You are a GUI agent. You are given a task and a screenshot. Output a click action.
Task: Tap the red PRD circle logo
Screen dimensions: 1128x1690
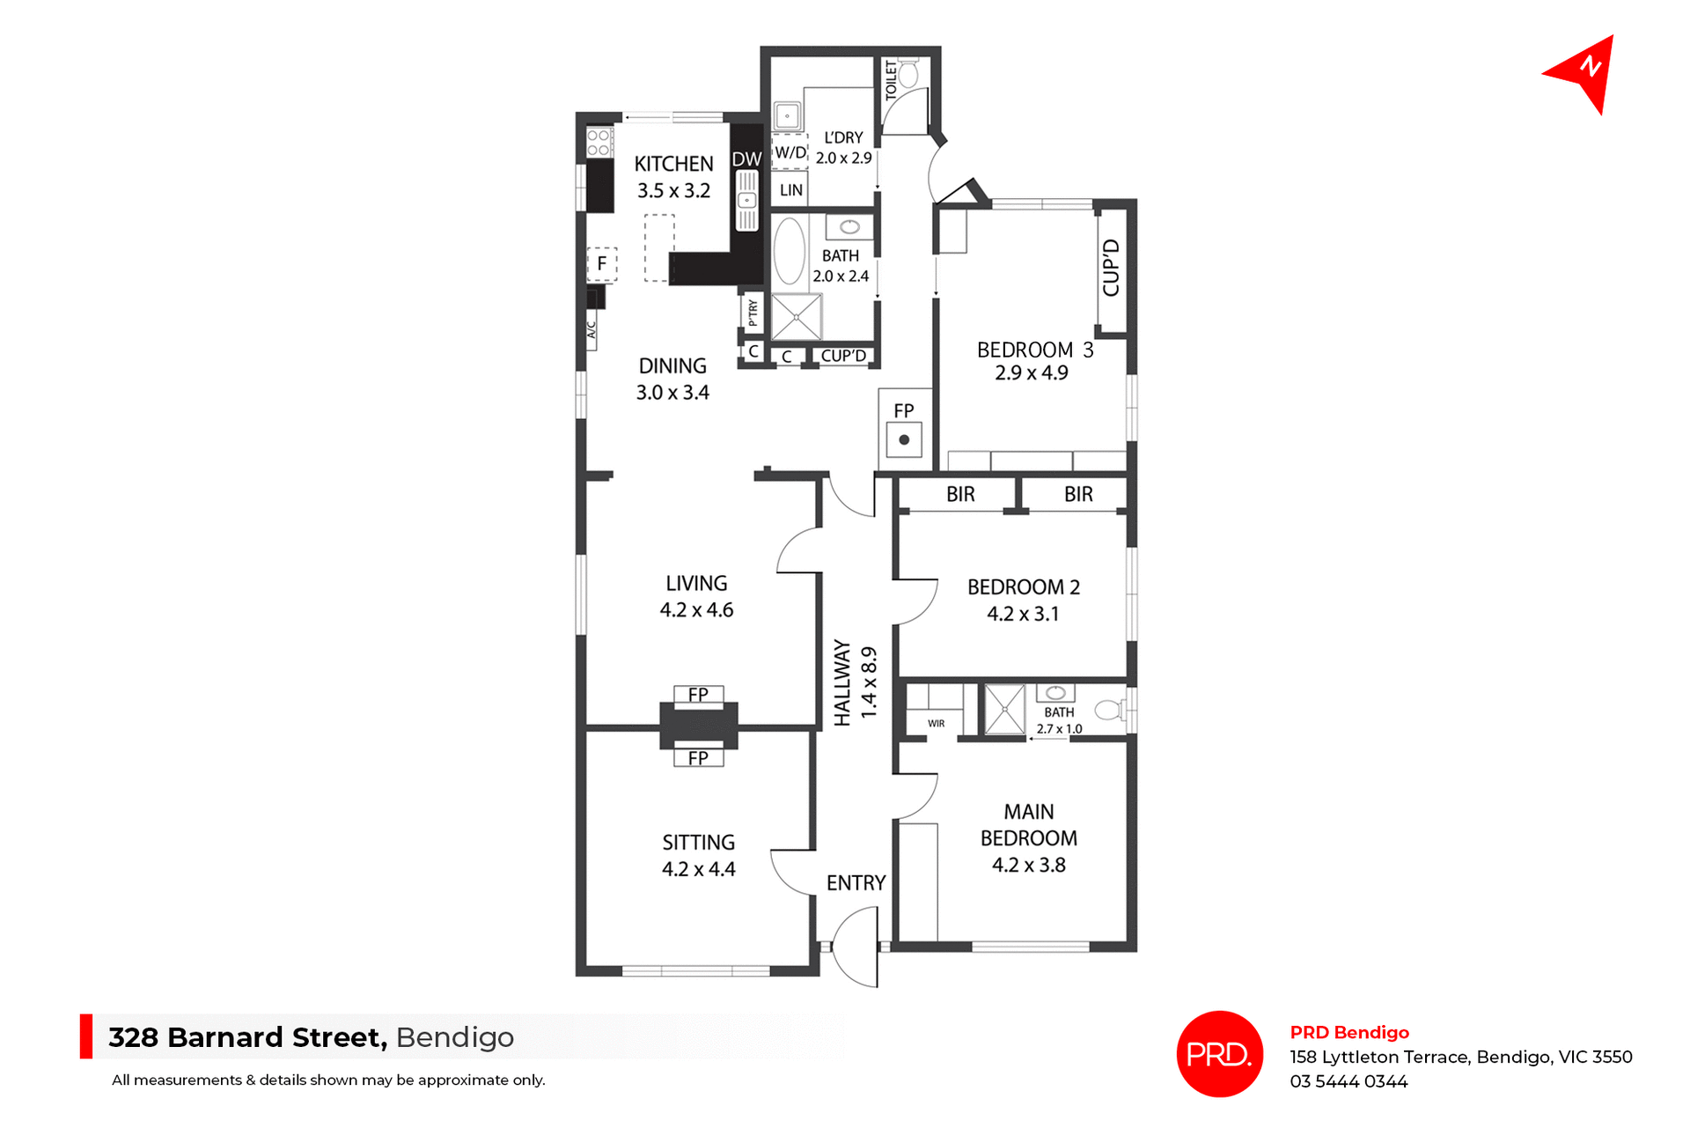[x=1219, y=1053]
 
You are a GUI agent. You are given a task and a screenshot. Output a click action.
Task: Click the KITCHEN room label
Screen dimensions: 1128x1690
[x=673, y=165]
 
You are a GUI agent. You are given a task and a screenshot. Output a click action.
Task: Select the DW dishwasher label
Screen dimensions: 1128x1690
[x=746, y=159]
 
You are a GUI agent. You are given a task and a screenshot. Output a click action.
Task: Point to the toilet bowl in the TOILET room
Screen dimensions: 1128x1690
[x=908, y=74]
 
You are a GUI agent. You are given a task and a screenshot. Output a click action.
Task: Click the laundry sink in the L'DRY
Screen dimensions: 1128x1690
[x=787, y=116]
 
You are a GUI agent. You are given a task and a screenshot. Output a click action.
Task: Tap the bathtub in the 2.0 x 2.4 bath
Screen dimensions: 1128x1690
[x=789, y=251]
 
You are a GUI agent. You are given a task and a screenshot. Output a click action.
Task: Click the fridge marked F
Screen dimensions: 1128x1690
[x=602, y=263]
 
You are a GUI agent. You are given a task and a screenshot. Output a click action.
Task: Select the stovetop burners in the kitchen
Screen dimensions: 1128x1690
[x=599, y=144]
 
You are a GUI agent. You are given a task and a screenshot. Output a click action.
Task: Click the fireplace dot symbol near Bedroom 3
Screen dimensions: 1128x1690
[x=904, y=439]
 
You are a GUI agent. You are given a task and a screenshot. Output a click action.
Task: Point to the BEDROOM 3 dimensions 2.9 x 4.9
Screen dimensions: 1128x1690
[x=1031, y=373]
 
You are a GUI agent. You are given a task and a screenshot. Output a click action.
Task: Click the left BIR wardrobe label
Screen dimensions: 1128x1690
[x=960, y=495]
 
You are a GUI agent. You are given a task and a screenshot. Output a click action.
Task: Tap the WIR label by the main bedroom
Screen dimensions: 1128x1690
[x=936, y=724]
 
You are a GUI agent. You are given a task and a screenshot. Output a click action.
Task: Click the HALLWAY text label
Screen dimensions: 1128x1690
[x=842, y=682]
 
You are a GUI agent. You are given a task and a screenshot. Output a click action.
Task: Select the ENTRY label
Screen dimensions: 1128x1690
[x=856, y=883]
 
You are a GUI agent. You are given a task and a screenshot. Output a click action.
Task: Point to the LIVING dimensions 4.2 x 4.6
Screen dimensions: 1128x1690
[x=696, y=610]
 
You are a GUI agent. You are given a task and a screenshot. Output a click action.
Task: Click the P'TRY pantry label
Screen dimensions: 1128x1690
[x=753, y=313]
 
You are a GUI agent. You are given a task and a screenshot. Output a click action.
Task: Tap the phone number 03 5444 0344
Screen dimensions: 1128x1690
[x=1348, y=1081]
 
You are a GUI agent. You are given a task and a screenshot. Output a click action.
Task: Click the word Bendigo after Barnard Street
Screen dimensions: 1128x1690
[x=454, y=1037]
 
